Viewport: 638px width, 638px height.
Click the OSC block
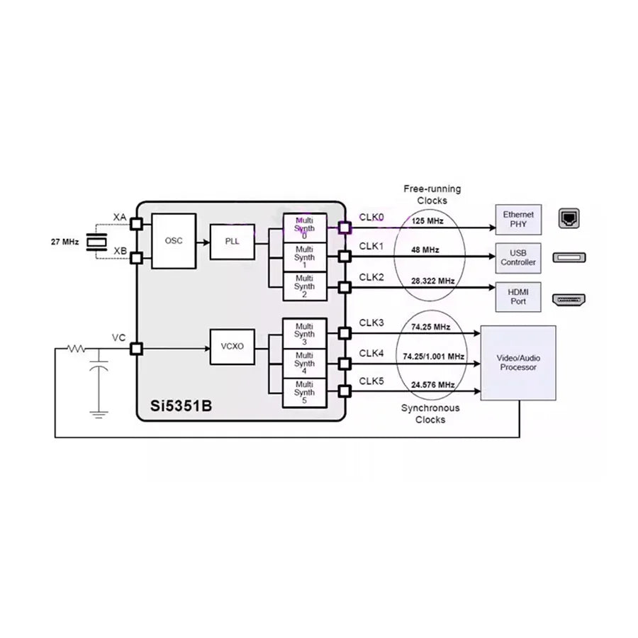point(174,241)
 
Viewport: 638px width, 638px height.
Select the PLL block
point(233,241)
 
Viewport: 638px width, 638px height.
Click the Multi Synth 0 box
point(305,228)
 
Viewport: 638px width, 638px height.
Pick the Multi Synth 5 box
point(305,393)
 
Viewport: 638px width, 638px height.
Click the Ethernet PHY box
point(517,220)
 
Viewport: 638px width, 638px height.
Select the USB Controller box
point(517,257)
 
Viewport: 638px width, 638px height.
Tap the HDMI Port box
point(517,296)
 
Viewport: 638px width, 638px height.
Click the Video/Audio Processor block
point(518,363)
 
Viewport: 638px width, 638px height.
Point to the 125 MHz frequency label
point(427,221)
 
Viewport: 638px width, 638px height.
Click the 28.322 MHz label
point(432,281)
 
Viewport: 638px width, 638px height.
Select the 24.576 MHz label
point(432,385)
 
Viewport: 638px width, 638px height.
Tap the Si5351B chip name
point(180,407)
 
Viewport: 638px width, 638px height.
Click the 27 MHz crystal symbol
point(94,242)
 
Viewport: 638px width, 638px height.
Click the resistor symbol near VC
point(76,349)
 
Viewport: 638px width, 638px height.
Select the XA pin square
point(135,225)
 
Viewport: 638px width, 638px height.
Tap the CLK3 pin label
point(371,323)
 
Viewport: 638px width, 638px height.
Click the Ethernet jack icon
point(569,218)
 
